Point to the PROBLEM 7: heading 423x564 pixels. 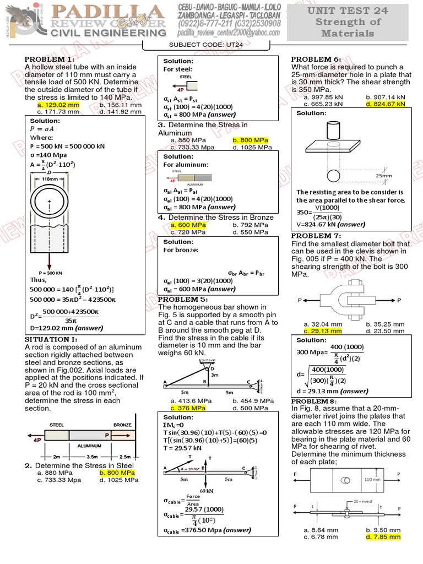[317, 236]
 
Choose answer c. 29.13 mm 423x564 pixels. [323, 331]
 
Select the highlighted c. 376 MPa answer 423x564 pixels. [188, 408]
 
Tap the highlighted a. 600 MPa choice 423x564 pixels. [188, 225]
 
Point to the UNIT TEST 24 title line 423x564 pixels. [348, 10]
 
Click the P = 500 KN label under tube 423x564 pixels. [50, 273]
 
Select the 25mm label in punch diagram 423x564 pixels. [384, 176]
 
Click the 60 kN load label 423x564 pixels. [207, 490]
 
